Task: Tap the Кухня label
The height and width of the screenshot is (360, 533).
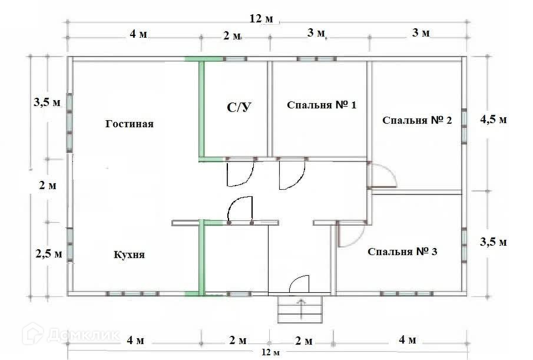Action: coord(129,255)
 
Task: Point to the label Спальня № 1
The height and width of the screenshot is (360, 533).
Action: coord(322,105)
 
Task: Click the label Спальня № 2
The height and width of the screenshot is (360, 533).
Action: coord(417,120)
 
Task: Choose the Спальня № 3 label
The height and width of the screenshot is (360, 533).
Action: coord(402,252)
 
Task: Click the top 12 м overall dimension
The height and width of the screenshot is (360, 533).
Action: coord(261,19)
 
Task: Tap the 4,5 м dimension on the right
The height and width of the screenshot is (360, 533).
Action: coord(494,119)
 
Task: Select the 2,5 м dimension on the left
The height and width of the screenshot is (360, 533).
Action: coord(48,254)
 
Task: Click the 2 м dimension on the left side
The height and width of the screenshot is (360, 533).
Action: coord(47,186)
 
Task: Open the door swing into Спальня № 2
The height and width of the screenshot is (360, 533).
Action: coord(382,176)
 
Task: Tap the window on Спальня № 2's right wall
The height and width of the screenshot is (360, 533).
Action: coord(464,125)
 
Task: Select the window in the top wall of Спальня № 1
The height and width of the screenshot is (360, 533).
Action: coord(316,59)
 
